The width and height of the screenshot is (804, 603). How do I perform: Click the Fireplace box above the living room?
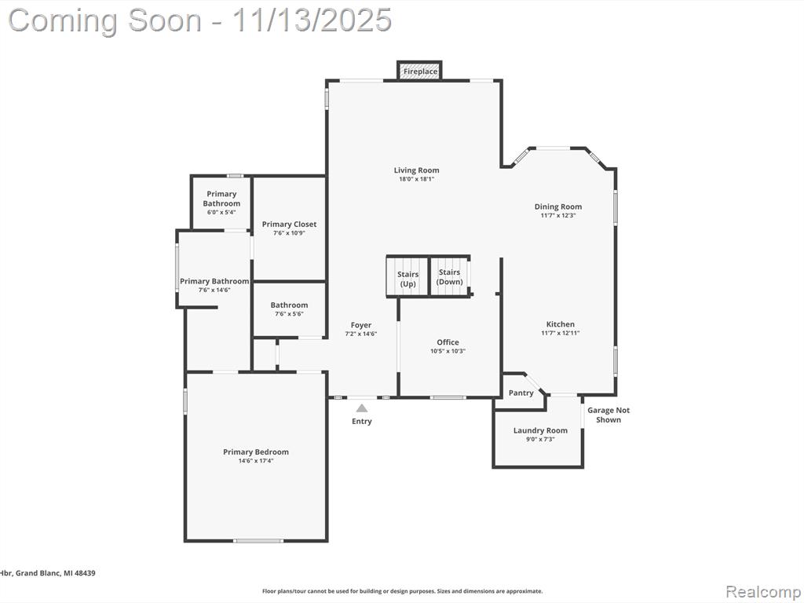[x=419, y=71]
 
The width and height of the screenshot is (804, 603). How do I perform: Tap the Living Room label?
[x=416, y=170]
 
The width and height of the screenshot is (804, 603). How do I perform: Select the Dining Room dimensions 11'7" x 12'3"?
[x=558, y=215]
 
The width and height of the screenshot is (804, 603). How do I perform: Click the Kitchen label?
[x=561, y=324]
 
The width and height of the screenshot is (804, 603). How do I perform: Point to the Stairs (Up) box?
[x=407, y=277]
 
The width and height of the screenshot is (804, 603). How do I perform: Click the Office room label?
[x=448, y=342]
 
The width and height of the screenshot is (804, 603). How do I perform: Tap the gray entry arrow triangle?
[x=362, y=408]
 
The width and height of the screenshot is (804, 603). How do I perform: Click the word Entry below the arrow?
[x=361, y=421]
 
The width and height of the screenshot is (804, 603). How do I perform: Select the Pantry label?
[x=521, y=393]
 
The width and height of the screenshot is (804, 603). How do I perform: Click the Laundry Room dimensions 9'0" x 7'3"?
[x=540, y=440]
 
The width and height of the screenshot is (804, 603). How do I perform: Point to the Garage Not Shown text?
[x=608, y=415]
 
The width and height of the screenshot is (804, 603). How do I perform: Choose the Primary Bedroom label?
[x=256, y=451]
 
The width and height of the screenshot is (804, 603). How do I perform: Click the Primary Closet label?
[x=289, y=224]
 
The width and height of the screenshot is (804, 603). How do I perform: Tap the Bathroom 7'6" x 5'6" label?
[x=289, y=309]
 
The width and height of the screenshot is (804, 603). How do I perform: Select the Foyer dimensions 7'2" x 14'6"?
[x=361, y=334]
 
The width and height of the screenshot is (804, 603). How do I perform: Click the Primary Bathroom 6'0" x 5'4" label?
[x=221, y=203]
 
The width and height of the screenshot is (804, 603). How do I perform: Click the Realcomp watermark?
[x=763, y=592]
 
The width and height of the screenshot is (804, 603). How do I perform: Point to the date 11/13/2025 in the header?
[x=312, y=20]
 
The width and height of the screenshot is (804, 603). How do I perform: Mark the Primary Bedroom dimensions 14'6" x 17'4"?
[x=256, y=460]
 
